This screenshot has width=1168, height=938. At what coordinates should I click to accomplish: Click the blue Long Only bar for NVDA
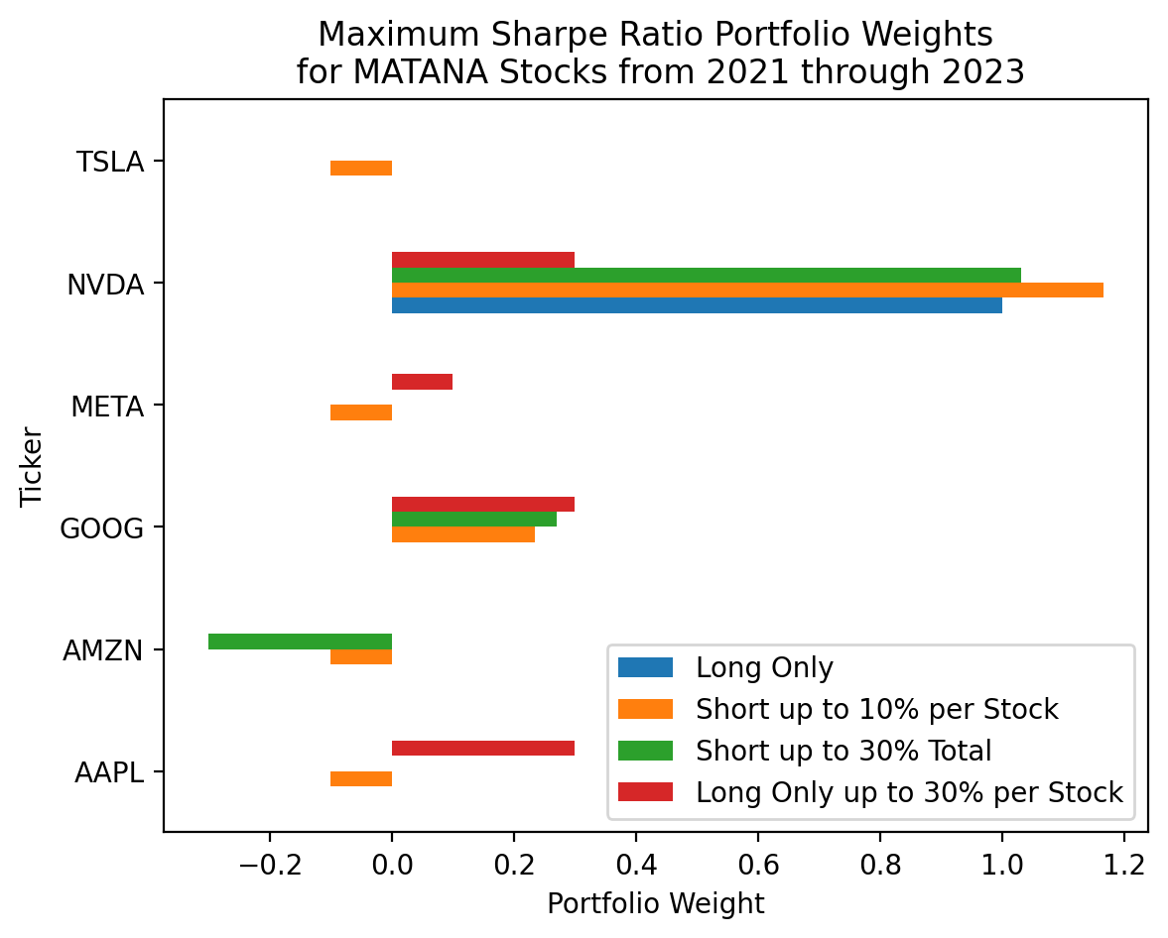click(x=697, y=305)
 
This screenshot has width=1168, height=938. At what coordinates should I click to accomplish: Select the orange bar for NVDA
click(x=747, y=290)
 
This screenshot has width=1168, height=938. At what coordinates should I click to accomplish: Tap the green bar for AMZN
click(x=300, y=642)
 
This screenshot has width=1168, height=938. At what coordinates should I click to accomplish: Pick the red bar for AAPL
click(x=483, y=748)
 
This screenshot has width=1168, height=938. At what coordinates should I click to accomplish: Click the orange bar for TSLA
click(x=361, y=168)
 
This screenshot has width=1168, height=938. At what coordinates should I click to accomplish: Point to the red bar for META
click(x=423, y=382)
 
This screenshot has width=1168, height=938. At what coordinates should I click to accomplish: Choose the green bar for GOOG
click(x=474, y=519)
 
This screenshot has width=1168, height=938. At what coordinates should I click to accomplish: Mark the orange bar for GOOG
click(x=463, y=534)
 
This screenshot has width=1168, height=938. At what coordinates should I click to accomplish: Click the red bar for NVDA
click(x=483, y=260)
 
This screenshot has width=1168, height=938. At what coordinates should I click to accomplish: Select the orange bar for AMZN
click(x=361, y=656)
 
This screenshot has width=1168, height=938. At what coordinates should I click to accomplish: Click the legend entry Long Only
click(x=764, y=667)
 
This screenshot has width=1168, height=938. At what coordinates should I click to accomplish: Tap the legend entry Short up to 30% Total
click(x=844, y=751)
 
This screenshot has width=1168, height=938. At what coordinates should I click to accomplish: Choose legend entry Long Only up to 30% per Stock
click(x=909, y=792)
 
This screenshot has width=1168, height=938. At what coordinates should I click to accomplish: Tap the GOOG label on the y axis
click(x=102, y=528)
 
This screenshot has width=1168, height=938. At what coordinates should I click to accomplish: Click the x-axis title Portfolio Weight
click(x=655, y=904)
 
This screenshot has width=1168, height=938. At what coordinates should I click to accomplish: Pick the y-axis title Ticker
click(x=33, y=466)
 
